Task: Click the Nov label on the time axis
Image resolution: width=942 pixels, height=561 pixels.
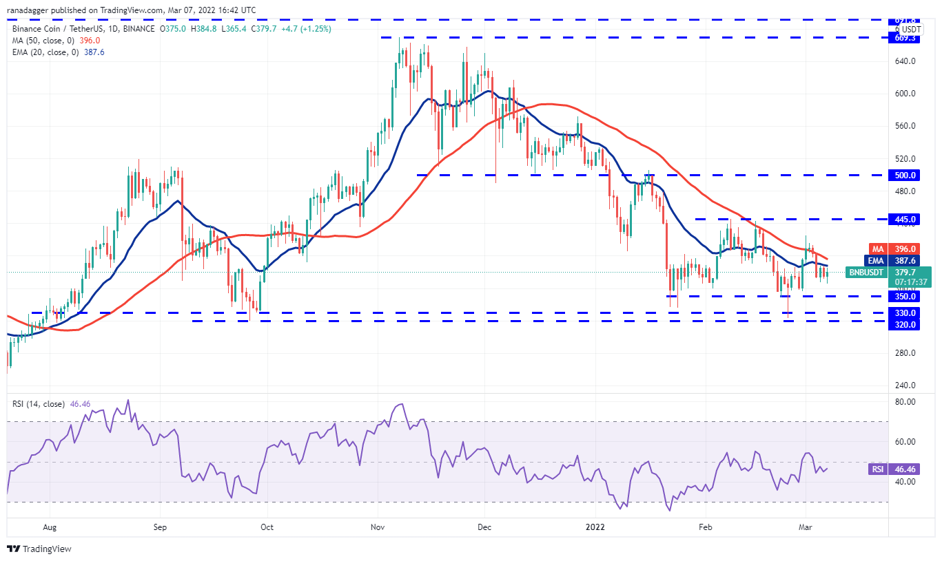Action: [378, 528]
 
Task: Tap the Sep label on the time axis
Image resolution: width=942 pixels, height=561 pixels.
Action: [160, 528]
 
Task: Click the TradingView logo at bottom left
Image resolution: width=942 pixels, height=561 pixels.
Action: [39, 549]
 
